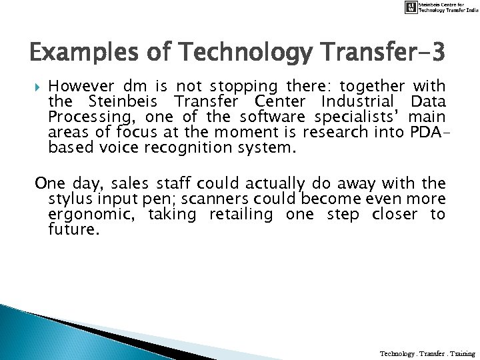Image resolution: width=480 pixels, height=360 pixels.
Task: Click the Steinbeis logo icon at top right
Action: [413, 7]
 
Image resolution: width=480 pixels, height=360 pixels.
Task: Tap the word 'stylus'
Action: [66, 199]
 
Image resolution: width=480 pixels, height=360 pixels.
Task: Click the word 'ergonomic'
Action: [85, 214]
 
